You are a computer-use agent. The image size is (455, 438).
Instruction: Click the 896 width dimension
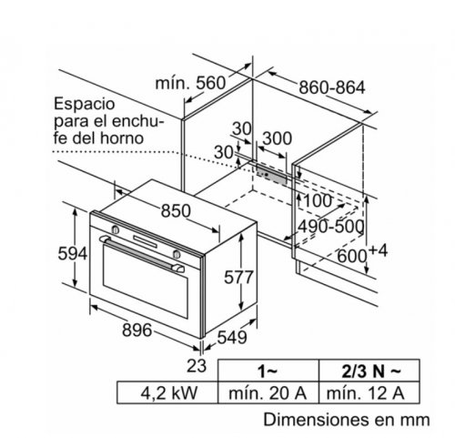[136, 330]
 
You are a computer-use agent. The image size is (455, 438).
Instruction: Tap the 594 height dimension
[73, 253]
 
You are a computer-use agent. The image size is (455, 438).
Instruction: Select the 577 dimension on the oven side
[238, 277]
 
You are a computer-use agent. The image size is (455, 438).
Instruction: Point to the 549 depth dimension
[232, 337]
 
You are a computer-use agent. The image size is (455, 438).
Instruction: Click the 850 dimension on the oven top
[176, 211]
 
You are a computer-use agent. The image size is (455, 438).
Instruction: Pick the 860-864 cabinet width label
[332, 87]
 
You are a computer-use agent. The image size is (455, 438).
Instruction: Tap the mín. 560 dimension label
[191, 83]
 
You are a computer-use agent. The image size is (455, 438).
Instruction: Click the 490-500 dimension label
[330, 227]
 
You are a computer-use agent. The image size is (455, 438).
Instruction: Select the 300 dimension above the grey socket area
[277, 138]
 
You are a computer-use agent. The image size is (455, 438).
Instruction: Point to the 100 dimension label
[318, 200]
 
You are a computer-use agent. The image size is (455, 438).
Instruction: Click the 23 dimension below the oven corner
[197, 365]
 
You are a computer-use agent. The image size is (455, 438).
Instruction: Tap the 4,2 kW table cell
[169, 392]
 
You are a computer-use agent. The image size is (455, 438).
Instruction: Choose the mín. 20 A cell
[268, 392]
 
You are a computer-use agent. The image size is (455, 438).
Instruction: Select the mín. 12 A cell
[366, 392]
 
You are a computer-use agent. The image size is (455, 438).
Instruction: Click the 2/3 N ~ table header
[371, 371]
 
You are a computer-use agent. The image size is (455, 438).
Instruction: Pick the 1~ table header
[268, 371]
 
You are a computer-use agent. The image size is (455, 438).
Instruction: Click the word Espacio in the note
[85, 104]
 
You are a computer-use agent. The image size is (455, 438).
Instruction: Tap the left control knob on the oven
[116, 229]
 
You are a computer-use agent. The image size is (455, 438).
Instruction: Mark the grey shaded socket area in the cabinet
[271, 174]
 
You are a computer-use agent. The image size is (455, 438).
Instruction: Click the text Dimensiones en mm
[347, 420]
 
